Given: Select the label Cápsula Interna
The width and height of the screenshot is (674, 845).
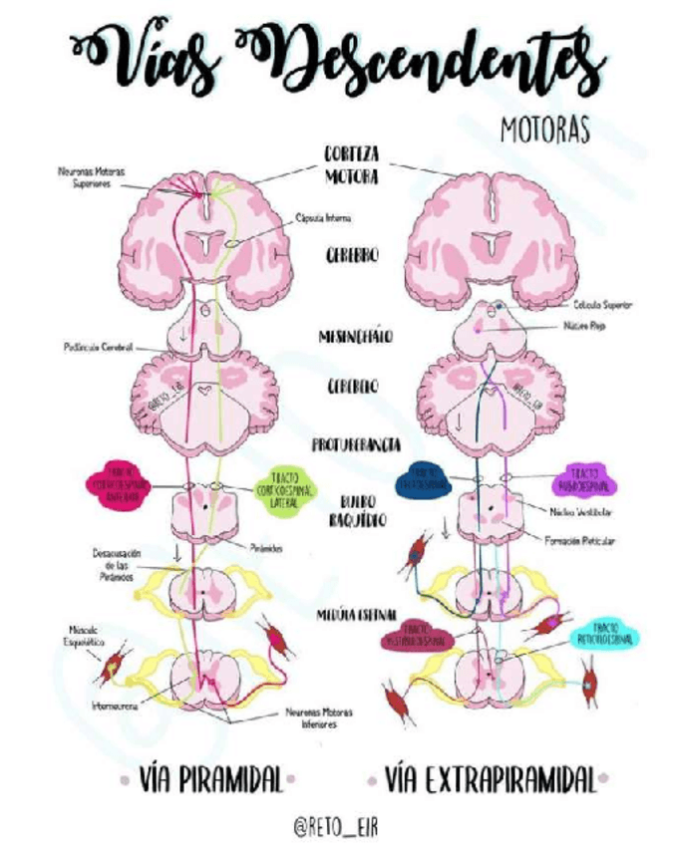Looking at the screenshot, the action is [323, 217].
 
